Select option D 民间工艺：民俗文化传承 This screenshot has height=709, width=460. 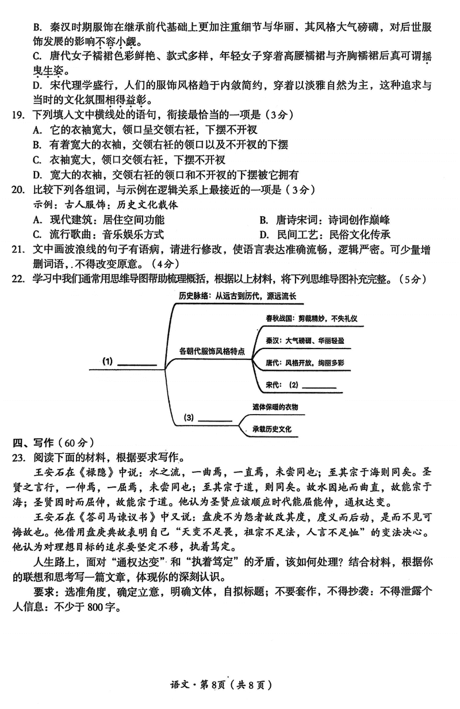coord(325,234)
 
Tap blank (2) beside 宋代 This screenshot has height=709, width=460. coord(318,385)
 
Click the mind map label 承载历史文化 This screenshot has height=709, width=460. coord(272,429)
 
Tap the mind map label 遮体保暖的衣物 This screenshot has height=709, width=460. coord(275,407)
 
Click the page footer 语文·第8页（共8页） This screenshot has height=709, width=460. coord(230,685)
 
